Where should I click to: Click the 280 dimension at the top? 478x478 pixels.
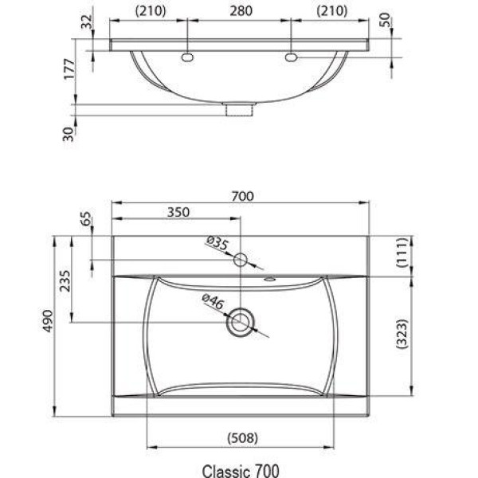pos(241,11)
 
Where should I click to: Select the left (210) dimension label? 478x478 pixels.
pos(151,11)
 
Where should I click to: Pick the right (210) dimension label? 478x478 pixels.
pos(331,11)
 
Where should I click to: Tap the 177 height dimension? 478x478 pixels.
pos(69,69)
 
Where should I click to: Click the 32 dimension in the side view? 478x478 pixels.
pos(87,22)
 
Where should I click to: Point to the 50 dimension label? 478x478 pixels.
pos(386,20)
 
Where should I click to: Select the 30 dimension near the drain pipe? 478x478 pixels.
pos(69,134)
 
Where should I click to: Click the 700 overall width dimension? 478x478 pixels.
pos(242,196)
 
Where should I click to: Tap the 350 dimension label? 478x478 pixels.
pos(178,212)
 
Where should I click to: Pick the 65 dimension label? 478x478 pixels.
pos(86,218)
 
